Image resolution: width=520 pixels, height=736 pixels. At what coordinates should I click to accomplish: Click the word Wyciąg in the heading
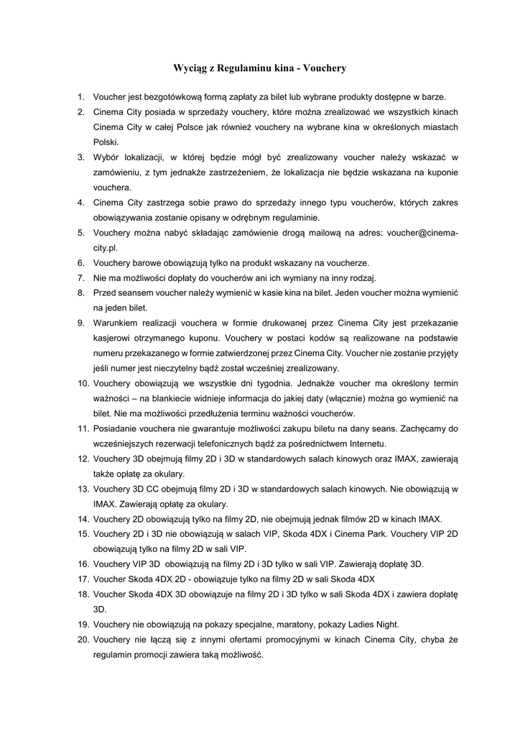click(190, 68)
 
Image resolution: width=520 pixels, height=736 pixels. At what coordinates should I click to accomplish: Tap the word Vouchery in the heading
click(325, 68)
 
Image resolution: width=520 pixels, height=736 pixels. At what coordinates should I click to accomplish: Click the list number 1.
click(81, 96)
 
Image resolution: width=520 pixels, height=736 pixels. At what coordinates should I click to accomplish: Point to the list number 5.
click(81, 233)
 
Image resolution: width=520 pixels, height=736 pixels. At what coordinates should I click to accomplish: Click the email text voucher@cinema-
click(417, 233)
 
